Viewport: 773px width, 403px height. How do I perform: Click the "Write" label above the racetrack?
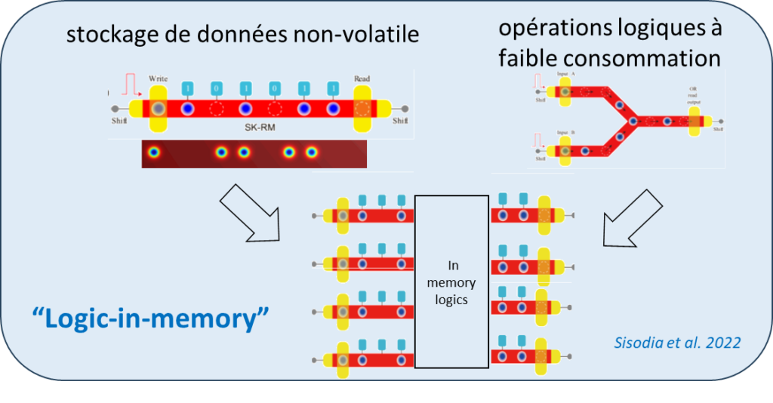(x=158, y=78)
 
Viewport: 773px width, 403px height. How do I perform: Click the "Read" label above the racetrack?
(x=362, y=78)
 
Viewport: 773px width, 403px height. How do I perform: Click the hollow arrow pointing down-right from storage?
(x=250, y=220)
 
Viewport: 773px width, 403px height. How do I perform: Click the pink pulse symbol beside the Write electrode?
(x=132, y=82)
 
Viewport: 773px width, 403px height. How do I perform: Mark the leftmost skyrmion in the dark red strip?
(x=155, y=152)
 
